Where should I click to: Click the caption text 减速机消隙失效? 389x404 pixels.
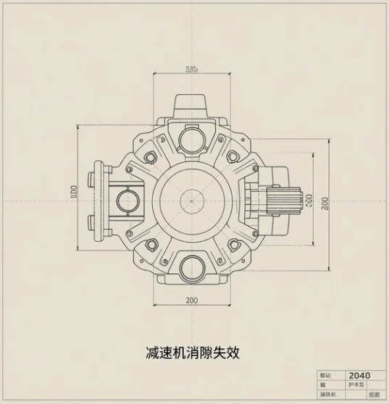pyautogui.click(x=192, y=353)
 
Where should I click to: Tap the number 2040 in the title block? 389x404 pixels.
pyautogui.click(x=359, y=375)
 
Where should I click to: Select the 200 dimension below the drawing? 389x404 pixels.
pyautogui.click(x=192, y=300)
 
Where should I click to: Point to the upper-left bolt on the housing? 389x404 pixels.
pyautogui.click(x=151, y=157)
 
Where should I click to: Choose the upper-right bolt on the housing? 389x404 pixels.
pyautogui.click(x=234, y=157)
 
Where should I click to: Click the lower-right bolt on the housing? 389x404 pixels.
pyautogui.click(x=234, y=243)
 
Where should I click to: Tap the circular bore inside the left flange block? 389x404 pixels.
pyautogui.click(x=128, y=198)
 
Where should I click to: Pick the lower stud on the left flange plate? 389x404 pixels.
pyautogui.click(x=93, y=221)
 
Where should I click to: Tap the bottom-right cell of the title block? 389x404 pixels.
pyautogui.click(x=373, y=395)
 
